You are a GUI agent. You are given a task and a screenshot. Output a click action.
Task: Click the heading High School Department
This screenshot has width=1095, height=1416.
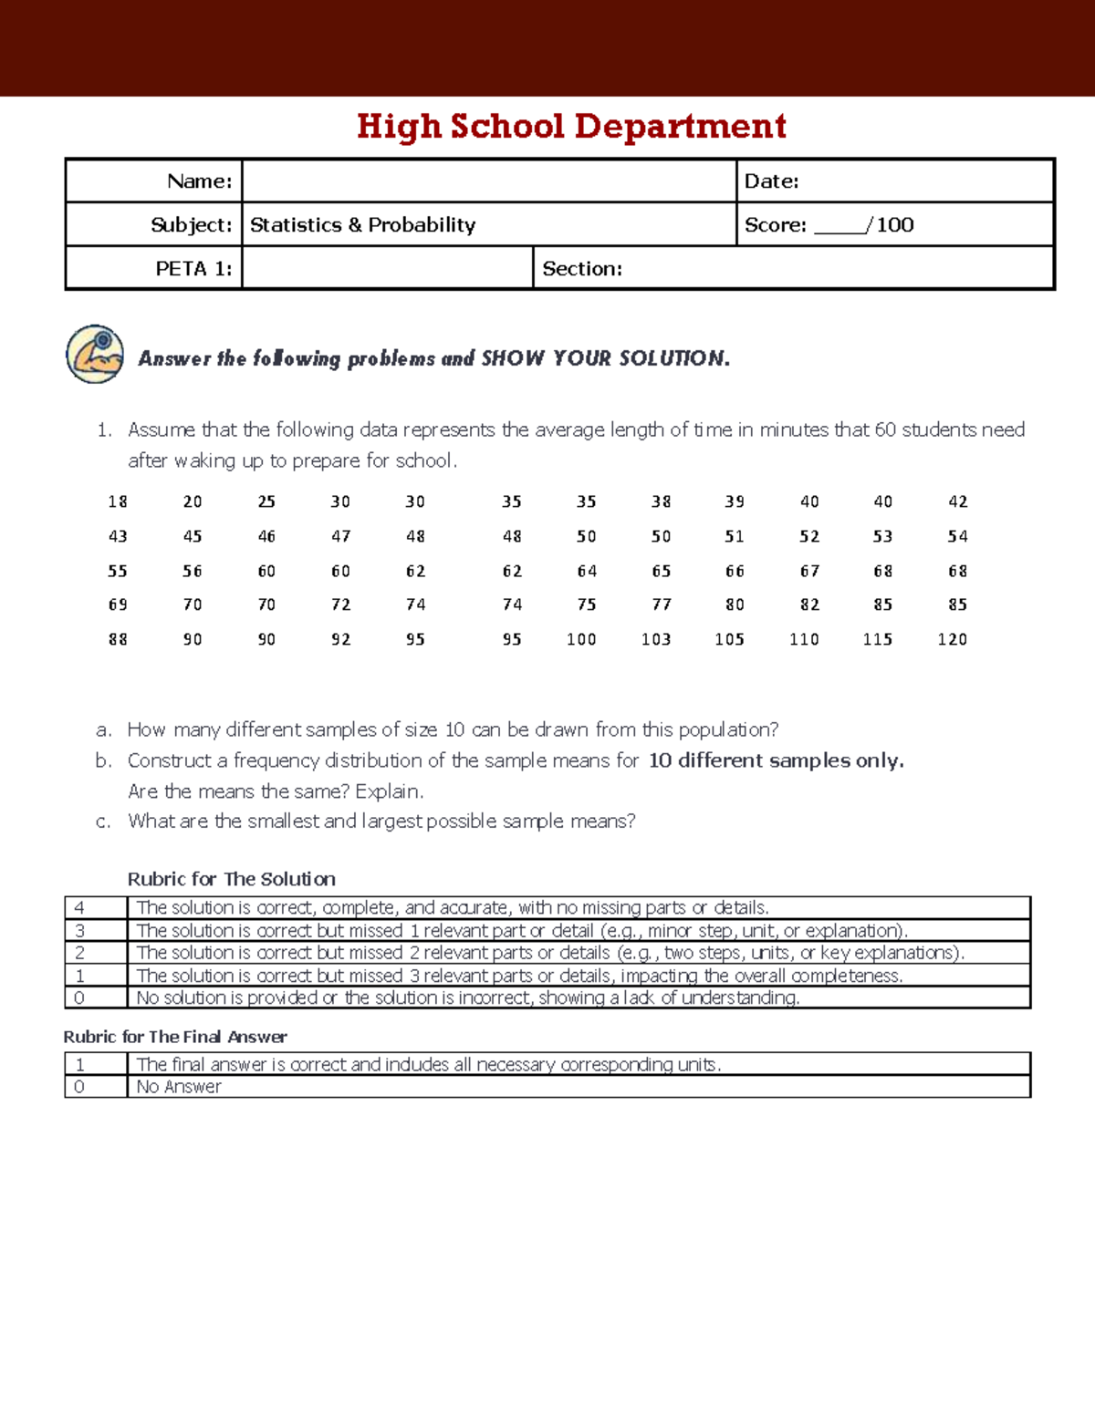tap(571, 126)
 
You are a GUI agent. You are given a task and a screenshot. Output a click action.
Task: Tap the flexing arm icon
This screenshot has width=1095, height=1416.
tap(95, 354)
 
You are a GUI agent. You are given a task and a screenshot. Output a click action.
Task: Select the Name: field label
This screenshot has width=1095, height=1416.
tap(199, 181)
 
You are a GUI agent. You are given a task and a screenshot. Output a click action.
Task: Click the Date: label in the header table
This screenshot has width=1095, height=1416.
tap(771, 181)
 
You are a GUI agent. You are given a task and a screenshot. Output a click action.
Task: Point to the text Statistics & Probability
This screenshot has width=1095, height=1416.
tap(362, 224)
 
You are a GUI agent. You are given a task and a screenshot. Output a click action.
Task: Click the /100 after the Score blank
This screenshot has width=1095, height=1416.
tap(892, 224)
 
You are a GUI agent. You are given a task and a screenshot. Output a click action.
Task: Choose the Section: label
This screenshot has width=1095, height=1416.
tap(581, 268)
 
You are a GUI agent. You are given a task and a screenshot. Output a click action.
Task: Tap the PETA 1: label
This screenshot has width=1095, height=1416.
tap(193, 268)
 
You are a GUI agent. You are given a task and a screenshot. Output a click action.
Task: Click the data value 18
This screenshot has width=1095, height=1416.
tap(118, 501)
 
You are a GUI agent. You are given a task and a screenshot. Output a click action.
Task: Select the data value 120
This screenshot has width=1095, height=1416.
tap(952, 639)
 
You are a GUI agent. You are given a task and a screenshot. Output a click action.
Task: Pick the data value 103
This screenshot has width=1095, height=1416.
tap(656, 639)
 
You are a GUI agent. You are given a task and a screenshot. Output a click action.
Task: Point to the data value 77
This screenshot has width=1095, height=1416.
tap(662, 605)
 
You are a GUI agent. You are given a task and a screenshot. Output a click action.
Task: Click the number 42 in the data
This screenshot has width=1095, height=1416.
tap(957, 501)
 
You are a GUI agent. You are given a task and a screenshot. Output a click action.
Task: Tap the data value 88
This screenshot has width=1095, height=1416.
tap(118, 639)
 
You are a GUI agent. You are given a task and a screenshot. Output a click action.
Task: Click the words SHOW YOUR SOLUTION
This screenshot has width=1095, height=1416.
tap(605, 358)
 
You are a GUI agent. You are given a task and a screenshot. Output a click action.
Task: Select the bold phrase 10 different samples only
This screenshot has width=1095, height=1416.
tap(776, 760)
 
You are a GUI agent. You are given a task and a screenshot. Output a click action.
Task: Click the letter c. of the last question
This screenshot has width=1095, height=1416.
tap(103, 822)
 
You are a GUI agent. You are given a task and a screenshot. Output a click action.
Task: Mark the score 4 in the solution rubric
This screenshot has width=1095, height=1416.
tap(79, 907)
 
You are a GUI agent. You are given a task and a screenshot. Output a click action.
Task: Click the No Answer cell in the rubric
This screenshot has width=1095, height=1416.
tap(179, 1087)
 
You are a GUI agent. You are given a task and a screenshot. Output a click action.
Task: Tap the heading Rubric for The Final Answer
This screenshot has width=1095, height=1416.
tap(175, 1037)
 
